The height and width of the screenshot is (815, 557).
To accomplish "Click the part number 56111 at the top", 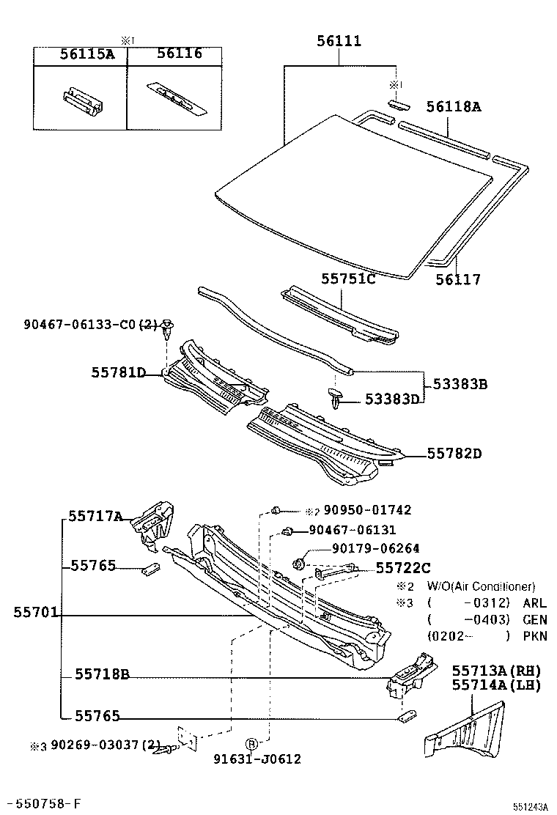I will (x=339, y=41).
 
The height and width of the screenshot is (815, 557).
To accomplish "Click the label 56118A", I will (x=454, y=107).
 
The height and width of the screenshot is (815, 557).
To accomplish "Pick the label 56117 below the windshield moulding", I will (x=458, y=279).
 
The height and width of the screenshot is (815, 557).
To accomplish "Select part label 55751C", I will (x=348, y=279).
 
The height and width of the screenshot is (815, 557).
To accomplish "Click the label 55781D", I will (x=118, y=373).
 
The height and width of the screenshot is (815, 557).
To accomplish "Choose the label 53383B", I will (x=460, y=383).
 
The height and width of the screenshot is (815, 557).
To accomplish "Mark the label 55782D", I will (x=454, y=454).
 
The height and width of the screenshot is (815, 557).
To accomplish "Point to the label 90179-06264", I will (x=375, y=547).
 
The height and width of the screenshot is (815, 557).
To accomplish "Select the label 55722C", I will (x=403, y=567).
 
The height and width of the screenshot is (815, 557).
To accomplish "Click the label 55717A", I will (x=95, y=516).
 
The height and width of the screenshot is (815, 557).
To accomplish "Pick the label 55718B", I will (x=101, y=675).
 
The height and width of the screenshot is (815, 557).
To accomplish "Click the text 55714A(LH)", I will (x=495, y=686).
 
